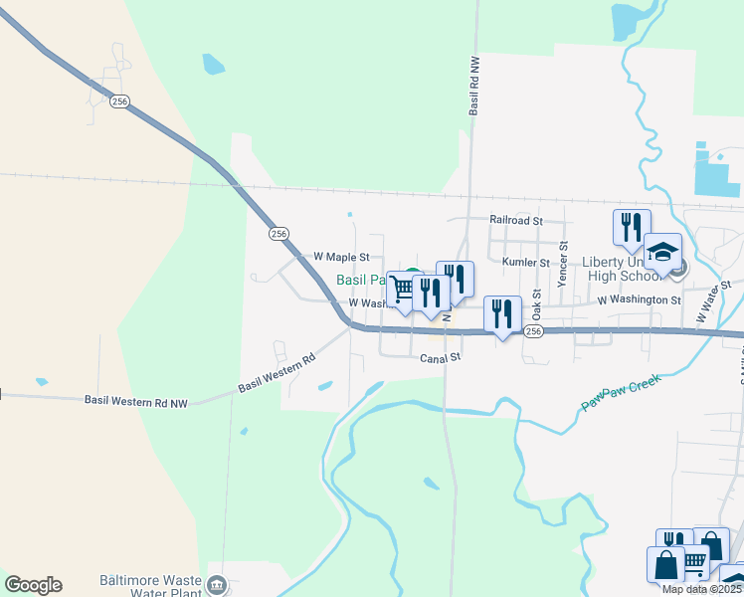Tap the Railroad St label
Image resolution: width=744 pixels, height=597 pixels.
pyautogui.click(x=515, y=220)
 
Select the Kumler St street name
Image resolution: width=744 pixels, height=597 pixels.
pyautogui.click(x=526, y=262)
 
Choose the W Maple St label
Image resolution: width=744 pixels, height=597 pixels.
pyautogui.click(x=341, y=257)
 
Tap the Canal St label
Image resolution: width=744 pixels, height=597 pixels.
pyautogui.click(x=440, y=357)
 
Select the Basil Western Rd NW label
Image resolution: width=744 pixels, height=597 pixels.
pyautogui.click(x=136, y=402)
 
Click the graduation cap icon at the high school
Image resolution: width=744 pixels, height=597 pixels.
pyautogui.click(x=662, y=251)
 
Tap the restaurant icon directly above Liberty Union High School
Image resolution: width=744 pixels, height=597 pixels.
pyautogui.click(x=631, y=227)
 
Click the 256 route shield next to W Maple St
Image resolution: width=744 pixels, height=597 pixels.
pyautogui.click(x=279, y=233)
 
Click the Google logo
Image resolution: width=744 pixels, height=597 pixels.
pyautogui.click(x=33, y=585)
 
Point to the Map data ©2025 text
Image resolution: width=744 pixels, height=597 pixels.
pyautogui.click(x=701, y=589)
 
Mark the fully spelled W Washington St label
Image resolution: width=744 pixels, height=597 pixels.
pyautogui.click(x=639, y=299)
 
